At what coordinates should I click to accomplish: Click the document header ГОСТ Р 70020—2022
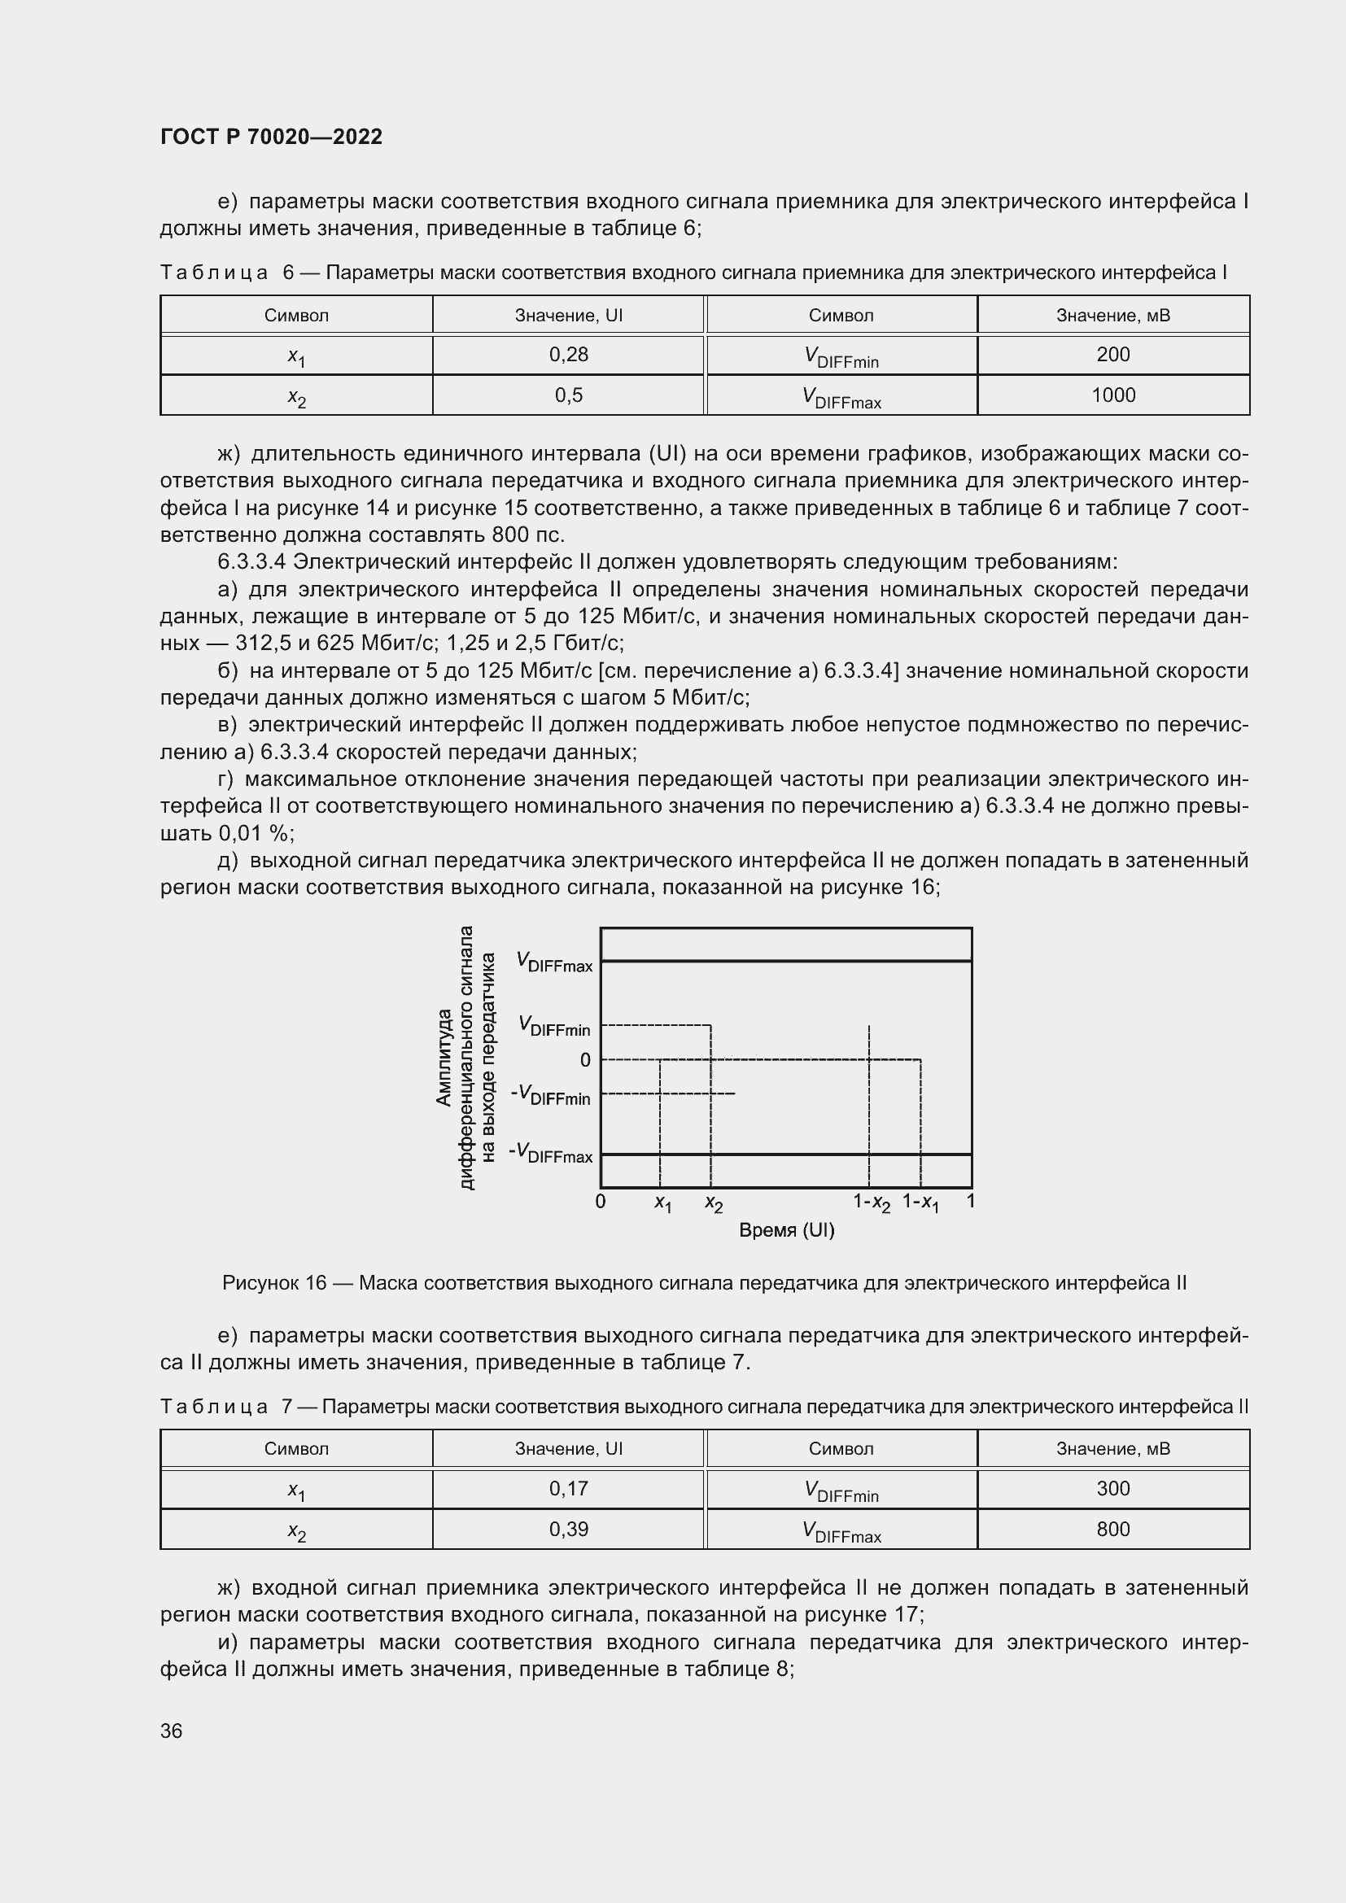point(271,137)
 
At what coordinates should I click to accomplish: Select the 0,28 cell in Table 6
point(568,355)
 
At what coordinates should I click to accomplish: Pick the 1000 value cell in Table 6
point(1112,395)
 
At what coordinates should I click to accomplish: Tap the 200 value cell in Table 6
point(1112,355)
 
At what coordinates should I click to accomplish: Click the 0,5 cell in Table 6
point(568,395)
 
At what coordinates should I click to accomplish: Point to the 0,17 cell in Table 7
point(568,1489)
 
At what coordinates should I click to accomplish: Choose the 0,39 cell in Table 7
point(568,1530)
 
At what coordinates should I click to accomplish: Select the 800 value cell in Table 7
point(1112,1530)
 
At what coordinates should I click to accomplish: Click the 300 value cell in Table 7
point(1112,1489)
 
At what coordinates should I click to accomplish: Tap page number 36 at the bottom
point(172,1731)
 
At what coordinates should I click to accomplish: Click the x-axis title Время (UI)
point(786,1231)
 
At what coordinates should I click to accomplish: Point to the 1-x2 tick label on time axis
point(871,1202)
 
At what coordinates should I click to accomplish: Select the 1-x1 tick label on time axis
point(921,1202)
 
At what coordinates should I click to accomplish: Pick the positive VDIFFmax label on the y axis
point(554,962)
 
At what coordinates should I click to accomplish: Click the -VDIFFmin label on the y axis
point(551,1095)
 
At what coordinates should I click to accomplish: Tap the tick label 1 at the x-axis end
point(971,1200)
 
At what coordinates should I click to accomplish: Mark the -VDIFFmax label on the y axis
point(551,1153)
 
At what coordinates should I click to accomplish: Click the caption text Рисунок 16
point(273,1284)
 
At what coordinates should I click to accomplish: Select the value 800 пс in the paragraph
point(527,535)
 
